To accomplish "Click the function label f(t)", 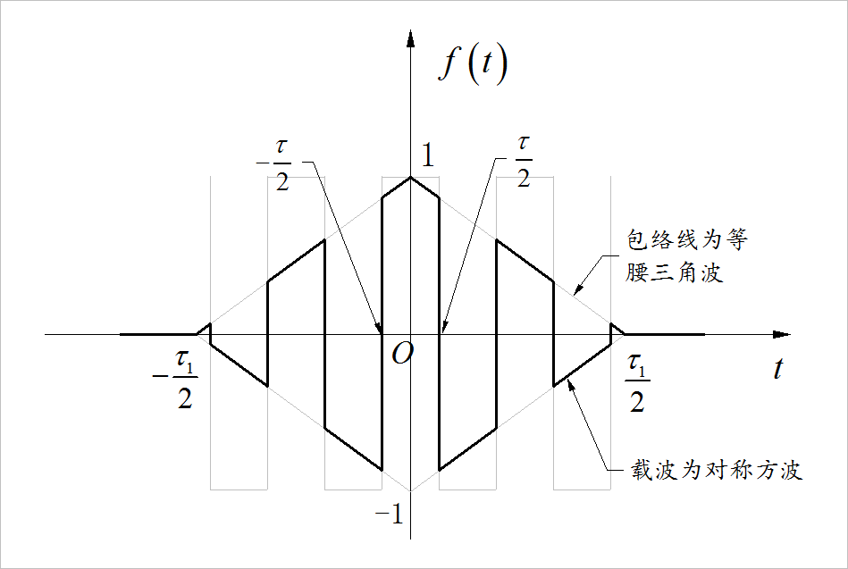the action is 473,66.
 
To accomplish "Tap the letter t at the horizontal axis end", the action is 778,368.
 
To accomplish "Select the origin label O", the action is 401,355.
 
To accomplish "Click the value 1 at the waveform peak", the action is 428,156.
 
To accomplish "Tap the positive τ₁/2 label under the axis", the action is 635,382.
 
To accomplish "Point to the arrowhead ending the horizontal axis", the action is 782,335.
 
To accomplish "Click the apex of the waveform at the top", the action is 410,177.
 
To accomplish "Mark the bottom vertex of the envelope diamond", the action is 410,491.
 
